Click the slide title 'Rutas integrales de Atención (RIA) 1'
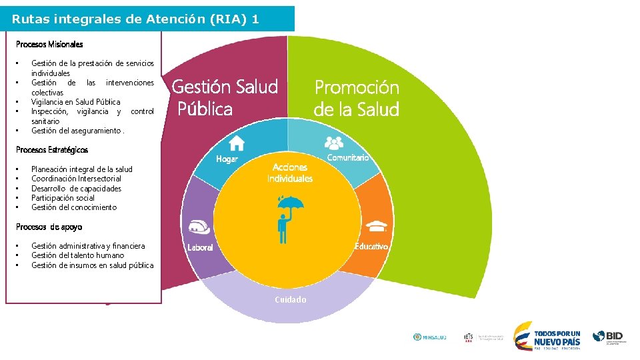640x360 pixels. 135,19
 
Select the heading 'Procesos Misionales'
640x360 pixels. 49,45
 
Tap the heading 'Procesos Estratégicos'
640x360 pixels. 52,150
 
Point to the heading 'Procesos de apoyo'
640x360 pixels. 49,227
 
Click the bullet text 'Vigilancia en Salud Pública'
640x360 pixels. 75,102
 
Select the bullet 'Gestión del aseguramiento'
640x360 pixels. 77,131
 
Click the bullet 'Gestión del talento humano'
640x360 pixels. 77,255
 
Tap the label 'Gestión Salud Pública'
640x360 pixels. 225,97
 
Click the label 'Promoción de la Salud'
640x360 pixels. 357,98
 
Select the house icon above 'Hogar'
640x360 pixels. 237,143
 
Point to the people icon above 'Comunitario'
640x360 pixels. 333,142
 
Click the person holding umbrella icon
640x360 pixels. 289,217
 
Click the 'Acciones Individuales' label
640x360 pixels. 290,173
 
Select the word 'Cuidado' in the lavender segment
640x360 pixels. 291,300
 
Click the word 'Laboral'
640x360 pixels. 200,247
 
